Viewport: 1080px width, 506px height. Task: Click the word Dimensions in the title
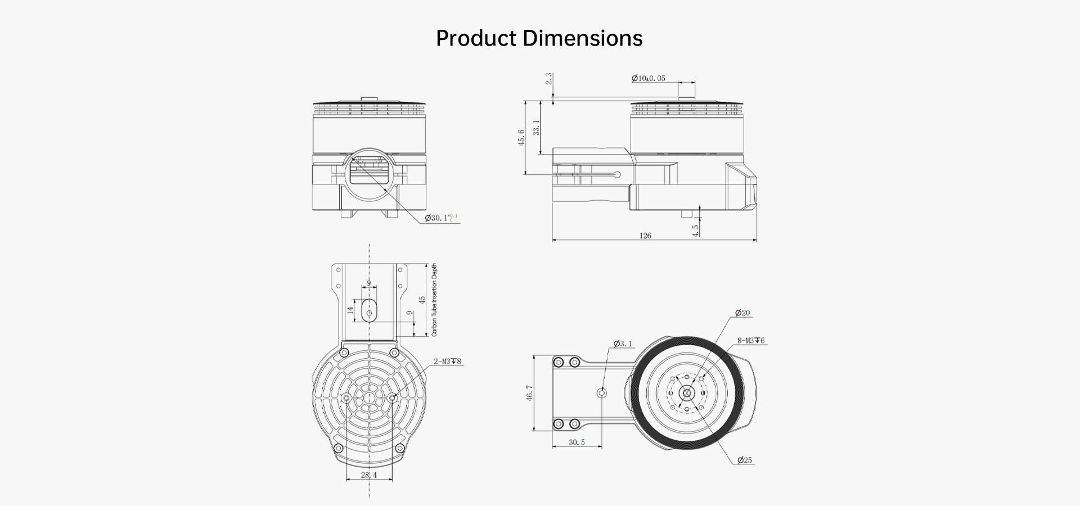(x=582, y=38)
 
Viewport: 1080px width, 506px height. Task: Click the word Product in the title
(x=476, y=38)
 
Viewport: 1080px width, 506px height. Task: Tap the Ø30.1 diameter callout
(x=442, y=218)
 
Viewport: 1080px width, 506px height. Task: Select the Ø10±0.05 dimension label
(x=648, y=79)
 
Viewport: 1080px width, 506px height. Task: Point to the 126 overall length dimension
(x=645, y=236)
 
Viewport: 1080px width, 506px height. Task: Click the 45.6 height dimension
(x=521, y=137)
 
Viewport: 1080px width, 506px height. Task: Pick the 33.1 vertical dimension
(x=537, y=128)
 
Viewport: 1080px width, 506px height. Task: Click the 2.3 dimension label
(x=549, y=78)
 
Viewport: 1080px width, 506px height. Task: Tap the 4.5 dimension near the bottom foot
(x=696, y=230)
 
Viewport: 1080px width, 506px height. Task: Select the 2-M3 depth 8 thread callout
(x=448, y=362)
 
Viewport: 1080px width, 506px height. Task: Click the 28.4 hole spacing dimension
(x=368, y=475)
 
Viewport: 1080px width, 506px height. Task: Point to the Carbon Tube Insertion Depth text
(x=434, y=300)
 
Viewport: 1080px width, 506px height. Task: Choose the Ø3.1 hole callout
(x=623, y=344)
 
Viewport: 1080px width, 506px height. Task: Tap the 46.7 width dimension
(x=529, y=393)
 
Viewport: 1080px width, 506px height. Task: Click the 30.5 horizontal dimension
(x=577, y=442)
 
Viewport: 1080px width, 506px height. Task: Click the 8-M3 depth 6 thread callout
(x=751, y=341)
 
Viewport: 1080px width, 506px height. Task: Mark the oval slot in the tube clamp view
(x=369, y=310)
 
